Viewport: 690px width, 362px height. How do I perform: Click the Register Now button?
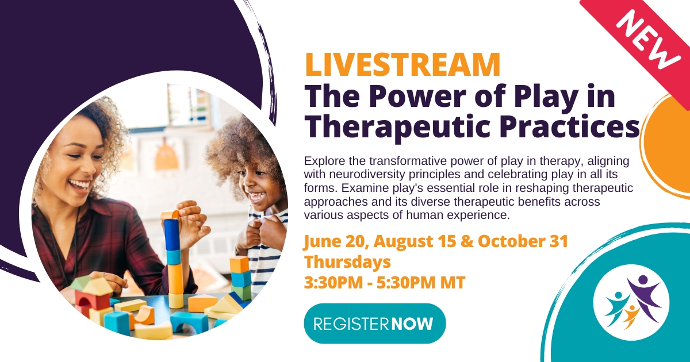coord(374,323)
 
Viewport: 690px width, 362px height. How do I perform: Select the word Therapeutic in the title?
coord(397,127)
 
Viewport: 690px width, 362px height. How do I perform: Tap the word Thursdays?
coord(347,262)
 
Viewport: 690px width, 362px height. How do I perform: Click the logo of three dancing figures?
coord(631,301)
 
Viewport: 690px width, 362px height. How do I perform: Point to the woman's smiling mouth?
coord(80,186)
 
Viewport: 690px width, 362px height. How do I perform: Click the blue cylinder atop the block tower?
coord(171,234)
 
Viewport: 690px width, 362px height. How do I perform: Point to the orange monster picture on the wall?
coord(166,156)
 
